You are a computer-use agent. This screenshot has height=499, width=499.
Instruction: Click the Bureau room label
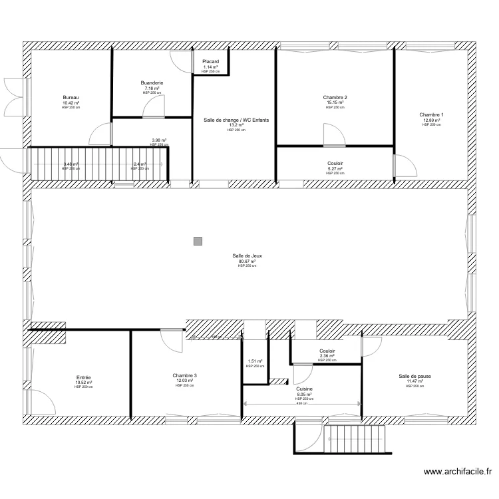coord(71,98)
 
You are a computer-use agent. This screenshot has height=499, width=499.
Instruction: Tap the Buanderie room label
coord(152,83)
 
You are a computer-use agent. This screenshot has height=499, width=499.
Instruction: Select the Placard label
coord(211,61)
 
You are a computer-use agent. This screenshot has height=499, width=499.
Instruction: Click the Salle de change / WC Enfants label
coord(236,120)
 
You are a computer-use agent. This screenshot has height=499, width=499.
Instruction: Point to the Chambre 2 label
coord(335,98)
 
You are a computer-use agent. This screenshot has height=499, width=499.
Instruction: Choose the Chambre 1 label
coord(431,114)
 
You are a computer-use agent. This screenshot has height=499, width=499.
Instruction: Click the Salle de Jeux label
coord(247,256)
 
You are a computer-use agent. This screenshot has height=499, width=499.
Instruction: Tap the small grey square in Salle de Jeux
coord(198,242)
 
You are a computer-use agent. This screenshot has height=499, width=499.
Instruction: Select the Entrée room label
coord(84,377)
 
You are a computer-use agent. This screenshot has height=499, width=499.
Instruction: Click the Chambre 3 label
coord(184,375)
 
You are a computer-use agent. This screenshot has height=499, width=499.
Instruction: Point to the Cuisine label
coord(304,389)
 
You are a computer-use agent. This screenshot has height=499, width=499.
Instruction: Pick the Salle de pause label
coord(415,376)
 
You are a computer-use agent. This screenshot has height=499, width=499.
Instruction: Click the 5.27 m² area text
coord(335,168)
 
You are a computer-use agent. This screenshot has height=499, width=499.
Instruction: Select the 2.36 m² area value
coord(327,356)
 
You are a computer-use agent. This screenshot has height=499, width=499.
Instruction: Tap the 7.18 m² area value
coord(152,88)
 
